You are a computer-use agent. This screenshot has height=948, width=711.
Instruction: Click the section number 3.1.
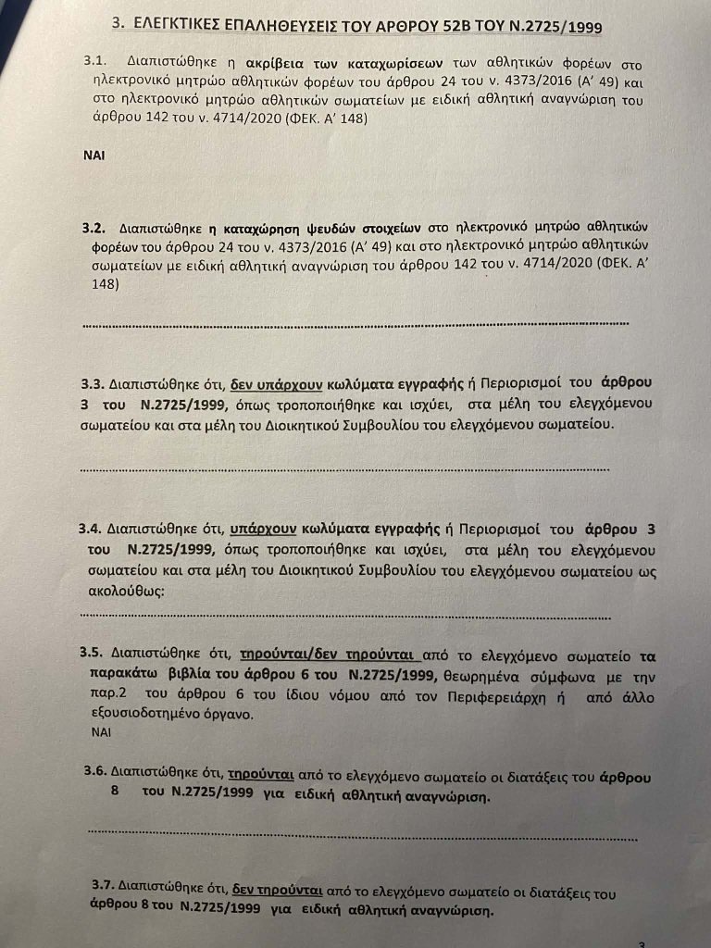tap(96, 61)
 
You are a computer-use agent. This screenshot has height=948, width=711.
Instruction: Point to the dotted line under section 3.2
tap(356, 324)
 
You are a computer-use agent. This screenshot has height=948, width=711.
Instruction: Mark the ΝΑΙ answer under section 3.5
tap(101, 730)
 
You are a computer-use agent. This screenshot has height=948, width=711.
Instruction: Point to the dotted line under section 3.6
tap(361, 836)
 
